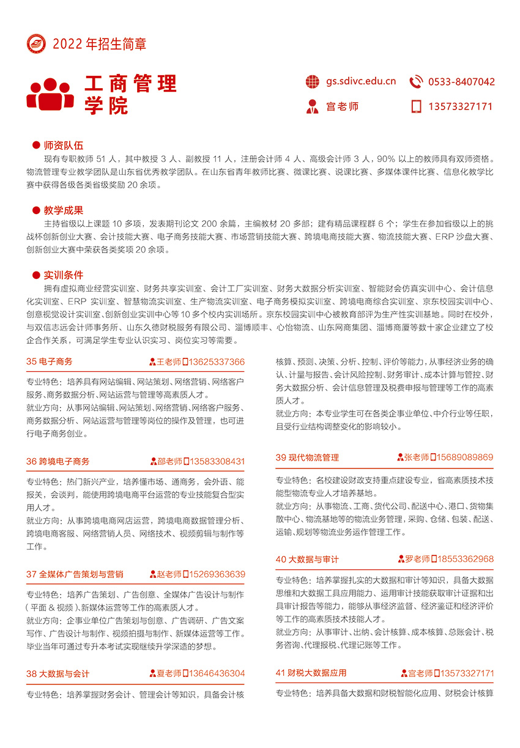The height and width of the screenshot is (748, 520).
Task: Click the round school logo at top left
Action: click(37, 43)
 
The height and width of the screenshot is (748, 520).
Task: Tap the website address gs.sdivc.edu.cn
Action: click(360, 81)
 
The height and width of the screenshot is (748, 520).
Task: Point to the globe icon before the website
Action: click(313, 82)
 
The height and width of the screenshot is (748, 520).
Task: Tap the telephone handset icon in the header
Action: click(416, 82)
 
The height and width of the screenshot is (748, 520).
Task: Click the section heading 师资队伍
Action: click(63, 146)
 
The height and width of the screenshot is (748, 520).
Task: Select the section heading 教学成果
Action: click(63, 210)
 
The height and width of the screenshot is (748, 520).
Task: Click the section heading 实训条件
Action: click(63, 275)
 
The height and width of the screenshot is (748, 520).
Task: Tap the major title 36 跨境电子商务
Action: click(58, 461)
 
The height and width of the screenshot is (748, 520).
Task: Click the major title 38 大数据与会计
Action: click(58, 673)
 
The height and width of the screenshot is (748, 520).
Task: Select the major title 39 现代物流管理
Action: click(307, 457)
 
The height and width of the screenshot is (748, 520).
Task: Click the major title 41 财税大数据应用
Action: click(311, 673)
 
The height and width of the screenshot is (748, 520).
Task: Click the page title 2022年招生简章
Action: click(99, 44)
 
